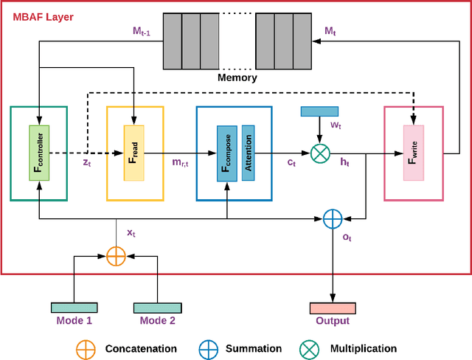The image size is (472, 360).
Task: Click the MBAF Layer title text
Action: click(x=44, y=16)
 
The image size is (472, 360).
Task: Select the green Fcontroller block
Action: click(x=38, y=153)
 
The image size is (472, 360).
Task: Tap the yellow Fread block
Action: click(x=133, y=153)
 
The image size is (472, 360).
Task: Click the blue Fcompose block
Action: click(x=226, y=153)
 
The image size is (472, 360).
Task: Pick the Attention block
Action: click(x=248, y=153)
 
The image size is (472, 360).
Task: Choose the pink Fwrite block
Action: click(x=413, y=153)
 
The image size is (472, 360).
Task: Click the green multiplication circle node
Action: click(x=319, y=153)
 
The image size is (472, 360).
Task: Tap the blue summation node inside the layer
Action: click(x=333, y=218)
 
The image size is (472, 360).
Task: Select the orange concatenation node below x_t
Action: click(x=116, y=255)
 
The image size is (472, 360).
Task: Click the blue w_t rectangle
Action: click(x=319, y=112)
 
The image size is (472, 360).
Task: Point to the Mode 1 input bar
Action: click(x=74, y=308)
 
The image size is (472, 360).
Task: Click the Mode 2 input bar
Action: click(x=157, y=308)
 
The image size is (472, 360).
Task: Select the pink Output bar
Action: click(x=333, y=308)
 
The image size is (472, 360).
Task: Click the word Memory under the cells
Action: click(x=237, y=77)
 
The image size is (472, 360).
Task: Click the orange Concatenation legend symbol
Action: click(x=87, y=349)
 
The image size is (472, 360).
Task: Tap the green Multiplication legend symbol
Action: click(x=309, y=349)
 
